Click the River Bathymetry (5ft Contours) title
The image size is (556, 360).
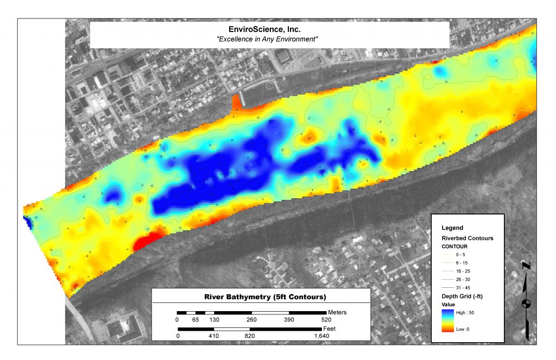[261, 297]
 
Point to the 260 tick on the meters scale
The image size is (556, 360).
[251, 320]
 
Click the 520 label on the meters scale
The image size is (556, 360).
[326, 320]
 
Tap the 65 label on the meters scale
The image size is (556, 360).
[195, 320]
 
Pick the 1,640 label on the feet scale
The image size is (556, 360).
[322, 336]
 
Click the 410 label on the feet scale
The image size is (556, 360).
[213, 336]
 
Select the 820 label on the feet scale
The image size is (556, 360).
[250, 336]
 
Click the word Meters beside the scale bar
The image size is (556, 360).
[337, 312]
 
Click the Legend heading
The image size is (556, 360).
[452, 228]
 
